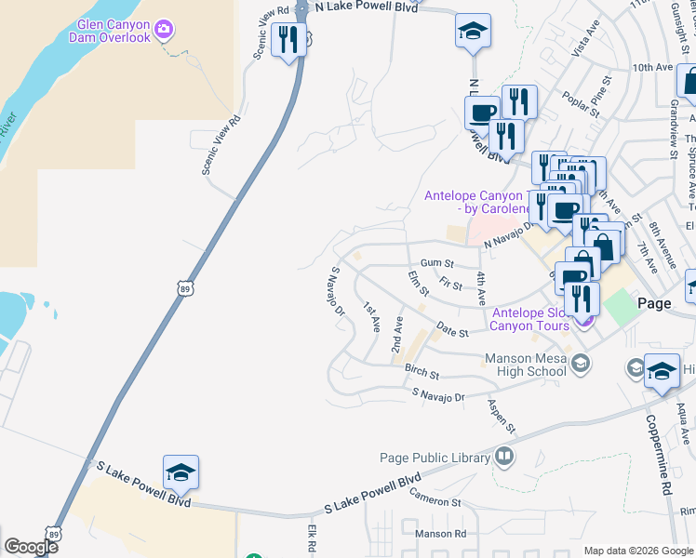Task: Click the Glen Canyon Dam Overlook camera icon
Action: coord(165,30)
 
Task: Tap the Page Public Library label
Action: coord(435,458)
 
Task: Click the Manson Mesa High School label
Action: coord(525,365)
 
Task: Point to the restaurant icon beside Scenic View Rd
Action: coord(288,39)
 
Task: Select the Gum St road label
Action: coord(436,263)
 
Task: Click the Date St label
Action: coord(451,332)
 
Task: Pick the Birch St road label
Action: coord(422,372)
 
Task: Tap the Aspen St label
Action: coord(501,416)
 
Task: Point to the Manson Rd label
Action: coord(440,534)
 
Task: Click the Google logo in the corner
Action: coord(31,547)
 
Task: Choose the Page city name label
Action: coord(654,303)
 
